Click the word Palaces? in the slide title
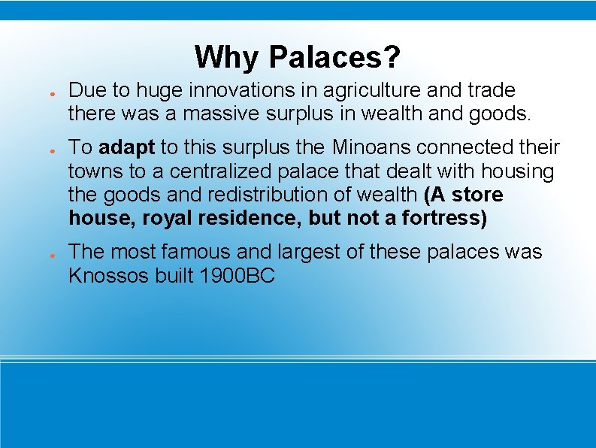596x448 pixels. [x=334, y=57]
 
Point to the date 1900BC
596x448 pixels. [x=237, y=276]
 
